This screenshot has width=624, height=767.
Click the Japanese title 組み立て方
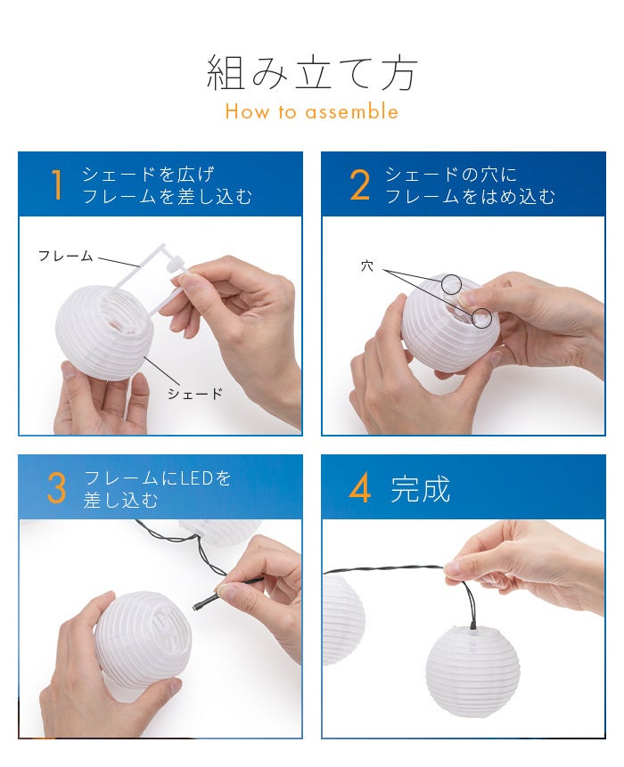(312, 73)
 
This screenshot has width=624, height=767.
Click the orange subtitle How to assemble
(312, 111)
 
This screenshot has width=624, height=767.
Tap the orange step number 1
(57, 185)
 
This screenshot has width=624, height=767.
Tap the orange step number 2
(360, 185)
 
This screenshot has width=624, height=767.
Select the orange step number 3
(56, 488)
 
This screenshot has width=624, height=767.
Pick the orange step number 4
(360, 488)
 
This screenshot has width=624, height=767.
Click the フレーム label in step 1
(66, 256)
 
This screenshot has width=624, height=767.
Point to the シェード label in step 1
(195, 393)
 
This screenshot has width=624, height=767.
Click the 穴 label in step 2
(367, 266)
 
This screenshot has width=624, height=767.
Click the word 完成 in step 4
(421, 489)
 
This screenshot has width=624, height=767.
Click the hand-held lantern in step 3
(143, 639)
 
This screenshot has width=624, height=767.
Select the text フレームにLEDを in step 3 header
(157, 477)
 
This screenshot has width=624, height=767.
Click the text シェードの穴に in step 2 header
(451, 175)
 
